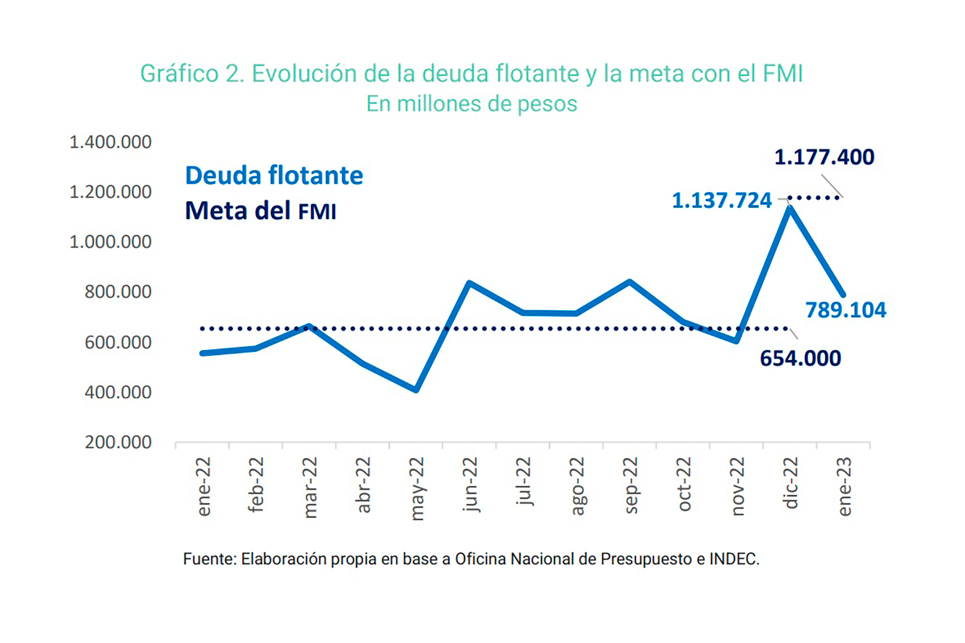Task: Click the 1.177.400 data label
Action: pos(824,157)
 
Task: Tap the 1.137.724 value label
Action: pos(721,201)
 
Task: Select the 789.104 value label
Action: pos(846,310)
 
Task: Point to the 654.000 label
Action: pos(800,358)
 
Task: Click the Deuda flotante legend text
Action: pos(274,175)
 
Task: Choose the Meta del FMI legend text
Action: pos(260,211)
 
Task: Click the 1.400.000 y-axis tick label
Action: pos(110,142)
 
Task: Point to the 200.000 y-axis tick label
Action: pos(118,442)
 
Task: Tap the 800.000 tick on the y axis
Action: pos(118,292)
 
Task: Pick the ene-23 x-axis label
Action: pos(844,486)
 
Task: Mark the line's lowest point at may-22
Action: pos(416,390)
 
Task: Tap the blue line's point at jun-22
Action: pos(469,283)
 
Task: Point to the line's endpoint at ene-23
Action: pos(843,295)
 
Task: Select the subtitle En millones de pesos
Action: pos(471,104)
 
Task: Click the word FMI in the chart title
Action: pos(783,74)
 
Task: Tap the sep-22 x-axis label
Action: pos(630,485)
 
